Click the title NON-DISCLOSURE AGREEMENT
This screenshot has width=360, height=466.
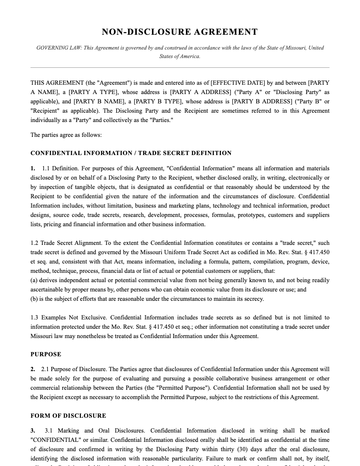pos(180,32)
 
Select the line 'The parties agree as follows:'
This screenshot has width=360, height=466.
pos(66,135)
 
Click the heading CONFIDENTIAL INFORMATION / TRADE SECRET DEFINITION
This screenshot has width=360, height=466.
pos(131,153)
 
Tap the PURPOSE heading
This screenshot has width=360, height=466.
pos(46,354)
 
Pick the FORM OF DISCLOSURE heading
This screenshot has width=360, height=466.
pos(68,416)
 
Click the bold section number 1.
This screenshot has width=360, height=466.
pos(33,169)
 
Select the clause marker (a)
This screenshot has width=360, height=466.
pos(34,280)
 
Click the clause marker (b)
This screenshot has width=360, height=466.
pos(34,299)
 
